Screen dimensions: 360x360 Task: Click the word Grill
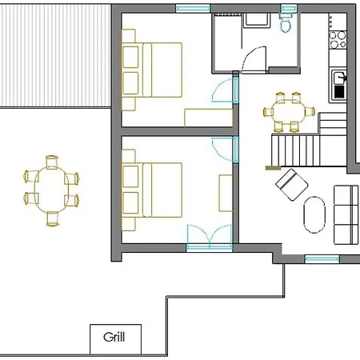pos(114,337)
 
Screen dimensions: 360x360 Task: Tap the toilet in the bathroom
pos(286,23)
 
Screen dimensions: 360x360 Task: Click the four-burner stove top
pos(338,40)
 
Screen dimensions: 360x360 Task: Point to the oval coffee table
pos(314,214)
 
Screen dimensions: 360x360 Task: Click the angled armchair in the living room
pos(292,184)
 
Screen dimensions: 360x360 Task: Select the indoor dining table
pos(289,112)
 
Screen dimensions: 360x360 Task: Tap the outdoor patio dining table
pos(51,190)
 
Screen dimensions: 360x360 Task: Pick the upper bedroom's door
pos(222,90)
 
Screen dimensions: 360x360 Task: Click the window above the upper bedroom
pos(193,9)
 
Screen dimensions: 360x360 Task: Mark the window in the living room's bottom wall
pos(322,258)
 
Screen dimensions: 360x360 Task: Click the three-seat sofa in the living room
pos(346,214)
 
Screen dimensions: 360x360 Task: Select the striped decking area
pos(55,56)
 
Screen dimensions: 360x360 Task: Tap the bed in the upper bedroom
pos(152,70)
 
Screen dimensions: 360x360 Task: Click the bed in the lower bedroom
pos(152,190)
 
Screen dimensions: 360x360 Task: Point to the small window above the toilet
pos(289,9)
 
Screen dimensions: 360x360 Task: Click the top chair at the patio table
pos(52,162)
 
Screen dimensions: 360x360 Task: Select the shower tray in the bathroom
pos(257,19)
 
